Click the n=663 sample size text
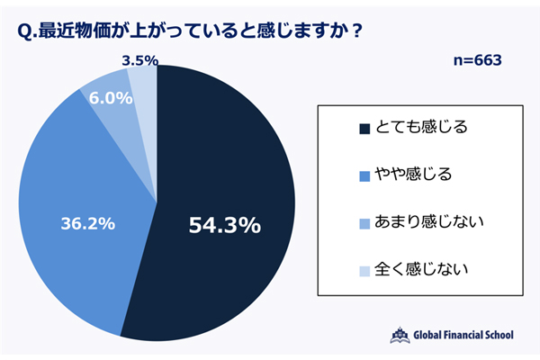point(476,61)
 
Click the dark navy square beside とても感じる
point(364,128)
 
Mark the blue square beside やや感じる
point(364,175)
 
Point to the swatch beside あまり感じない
point(364,221)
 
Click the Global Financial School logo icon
point(399,334)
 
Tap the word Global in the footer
point(431,335)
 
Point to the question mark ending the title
point(356,30)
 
